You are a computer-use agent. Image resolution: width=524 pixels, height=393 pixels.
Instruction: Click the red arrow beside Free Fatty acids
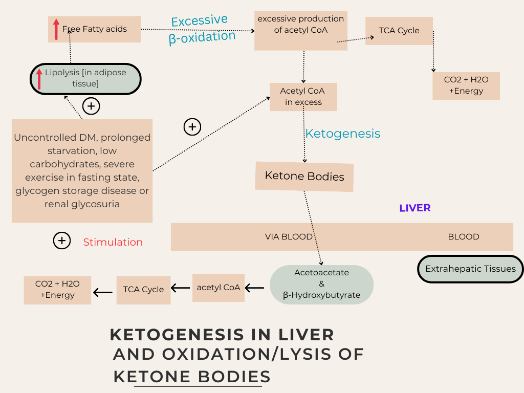pyautogui.click(x=56, y=29)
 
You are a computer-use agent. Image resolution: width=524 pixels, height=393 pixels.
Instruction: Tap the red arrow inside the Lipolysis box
pyautogui.click(x=39, y=79)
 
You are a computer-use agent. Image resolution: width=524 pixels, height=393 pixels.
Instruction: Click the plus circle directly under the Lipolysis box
pyautogui.click(x=91, y=106)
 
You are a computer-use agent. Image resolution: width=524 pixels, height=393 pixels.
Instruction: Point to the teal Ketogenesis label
pyautogui.click(x=342, y=134)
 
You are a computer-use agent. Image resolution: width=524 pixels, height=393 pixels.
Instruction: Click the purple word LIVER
pyautogui.click(x=414, y=208)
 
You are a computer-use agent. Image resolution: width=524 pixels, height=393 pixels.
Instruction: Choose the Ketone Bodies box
pyautogui.click(x=304, y=177)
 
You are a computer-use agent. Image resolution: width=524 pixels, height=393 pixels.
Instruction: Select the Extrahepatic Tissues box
pyautogui.click(x=470, y=269)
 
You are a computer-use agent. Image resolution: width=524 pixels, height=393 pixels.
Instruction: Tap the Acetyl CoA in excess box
pyautogui.click(x=303, y=97)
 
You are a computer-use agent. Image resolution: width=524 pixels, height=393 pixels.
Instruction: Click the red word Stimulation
pyautogui.click(x=113, y=242)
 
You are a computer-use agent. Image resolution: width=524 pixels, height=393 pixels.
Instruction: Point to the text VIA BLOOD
pyautogui.click(x=289, y=237)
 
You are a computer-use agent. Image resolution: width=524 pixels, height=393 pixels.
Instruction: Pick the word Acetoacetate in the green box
pyautogui.click(x=321, y=273)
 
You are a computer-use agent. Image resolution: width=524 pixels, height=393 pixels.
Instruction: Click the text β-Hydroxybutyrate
pyautogui.click(x=321, y=295)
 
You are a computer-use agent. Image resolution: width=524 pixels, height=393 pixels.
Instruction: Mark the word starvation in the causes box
pyautogui.click(x=71, y=151)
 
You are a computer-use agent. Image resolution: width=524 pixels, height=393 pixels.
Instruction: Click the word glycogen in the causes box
pyautogui.click(x=37, y=191)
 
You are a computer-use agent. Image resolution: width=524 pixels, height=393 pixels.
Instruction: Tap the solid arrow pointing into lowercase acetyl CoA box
pyautogui.click(x=254, y=288)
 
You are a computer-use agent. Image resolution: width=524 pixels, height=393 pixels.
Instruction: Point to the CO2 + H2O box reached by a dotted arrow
pyautogui.click(x=466, y=85)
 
